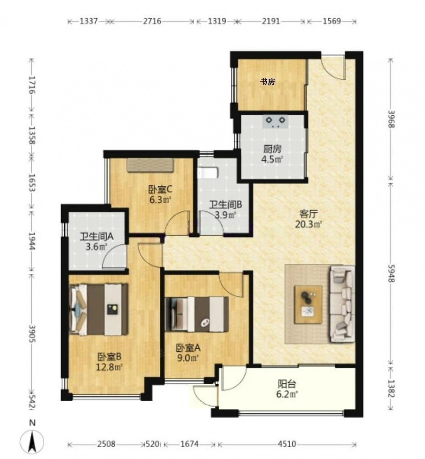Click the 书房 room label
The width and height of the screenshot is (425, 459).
268,82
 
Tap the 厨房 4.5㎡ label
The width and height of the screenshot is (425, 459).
272,154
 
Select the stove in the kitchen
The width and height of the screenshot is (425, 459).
275,122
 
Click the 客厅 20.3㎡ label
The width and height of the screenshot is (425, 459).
308,219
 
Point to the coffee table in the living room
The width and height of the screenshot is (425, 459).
308,305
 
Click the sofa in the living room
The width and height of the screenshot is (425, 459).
342,304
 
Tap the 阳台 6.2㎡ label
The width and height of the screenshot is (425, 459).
287,389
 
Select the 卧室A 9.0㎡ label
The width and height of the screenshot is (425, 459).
188,353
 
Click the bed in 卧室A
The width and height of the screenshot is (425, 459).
196,314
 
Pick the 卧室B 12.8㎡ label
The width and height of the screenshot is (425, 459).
109,362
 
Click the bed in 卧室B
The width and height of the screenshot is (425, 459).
99,309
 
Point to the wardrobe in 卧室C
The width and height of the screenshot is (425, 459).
150,165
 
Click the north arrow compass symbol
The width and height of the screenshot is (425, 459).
32,440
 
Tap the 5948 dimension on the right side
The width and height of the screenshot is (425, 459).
391,274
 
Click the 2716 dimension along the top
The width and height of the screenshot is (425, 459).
152,21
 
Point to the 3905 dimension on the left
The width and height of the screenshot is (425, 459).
32,334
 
